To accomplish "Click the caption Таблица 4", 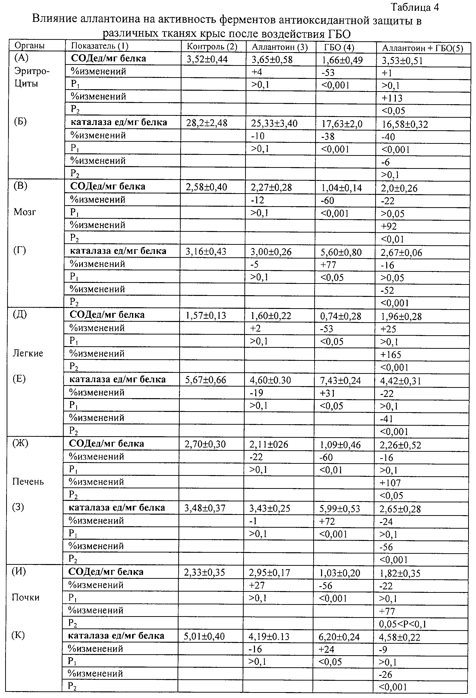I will pos(415,7).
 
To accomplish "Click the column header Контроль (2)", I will pos(212,46).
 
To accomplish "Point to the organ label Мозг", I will pos(25,212).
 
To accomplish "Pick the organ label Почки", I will pos(26,597).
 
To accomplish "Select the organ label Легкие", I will pos(28,353).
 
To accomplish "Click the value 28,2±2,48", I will pos(207,123).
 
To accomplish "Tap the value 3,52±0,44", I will pos(207,59).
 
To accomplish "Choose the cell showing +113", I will pos(392,98).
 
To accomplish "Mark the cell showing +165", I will pos(391,355).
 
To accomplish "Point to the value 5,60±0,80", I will pos(341,252).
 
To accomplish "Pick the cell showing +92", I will pos(389,226).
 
